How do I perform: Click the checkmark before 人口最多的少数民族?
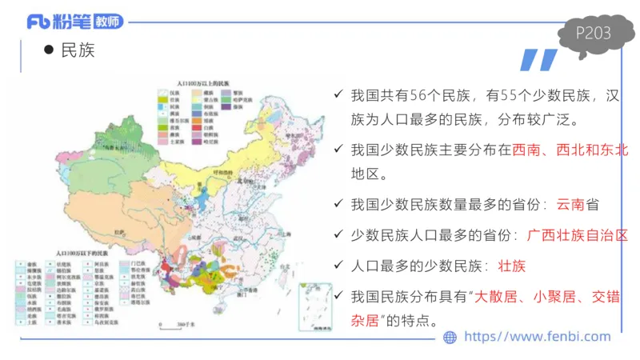[x=339, y=266]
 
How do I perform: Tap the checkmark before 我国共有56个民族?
[x=339, y=96]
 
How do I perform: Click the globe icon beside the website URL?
[x=449, y=338]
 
